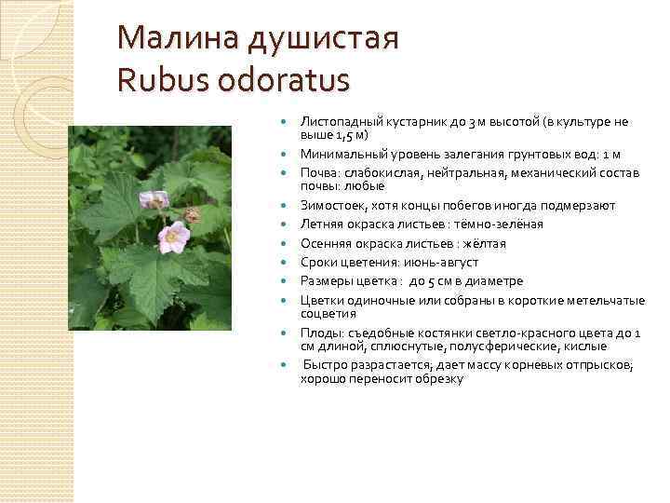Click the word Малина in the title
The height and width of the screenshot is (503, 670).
point(177,40)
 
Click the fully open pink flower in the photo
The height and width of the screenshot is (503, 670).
point(172,238)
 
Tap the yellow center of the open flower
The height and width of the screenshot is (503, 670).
point(172,238)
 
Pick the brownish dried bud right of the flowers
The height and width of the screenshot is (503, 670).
point(193,215)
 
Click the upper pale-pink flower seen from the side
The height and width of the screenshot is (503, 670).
point(153,198)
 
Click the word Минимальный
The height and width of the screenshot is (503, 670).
point(341,154)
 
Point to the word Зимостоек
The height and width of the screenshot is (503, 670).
point(330,205)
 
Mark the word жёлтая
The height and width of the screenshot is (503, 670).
point(482,243)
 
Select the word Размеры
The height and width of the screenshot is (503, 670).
point(326,281)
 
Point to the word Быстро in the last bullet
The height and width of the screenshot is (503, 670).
point(324,364)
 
